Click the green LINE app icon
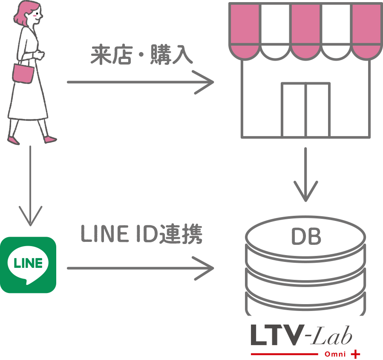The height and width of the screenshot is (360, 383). tap(28, 265)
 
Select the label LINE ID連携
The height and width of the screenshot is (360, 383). tap(141, 234)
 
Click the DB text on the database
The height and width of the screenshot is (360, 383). tap(305, 237)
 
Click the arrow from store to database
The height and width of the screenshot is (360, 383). tap(305, 175)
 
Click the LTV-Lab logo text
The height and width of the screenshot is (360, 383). tap(301, 336)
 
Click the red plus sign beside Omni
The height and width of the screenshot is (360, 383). tap(354, 354)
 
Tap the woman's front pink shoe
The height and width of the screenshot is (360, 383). tap(51, 139)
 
